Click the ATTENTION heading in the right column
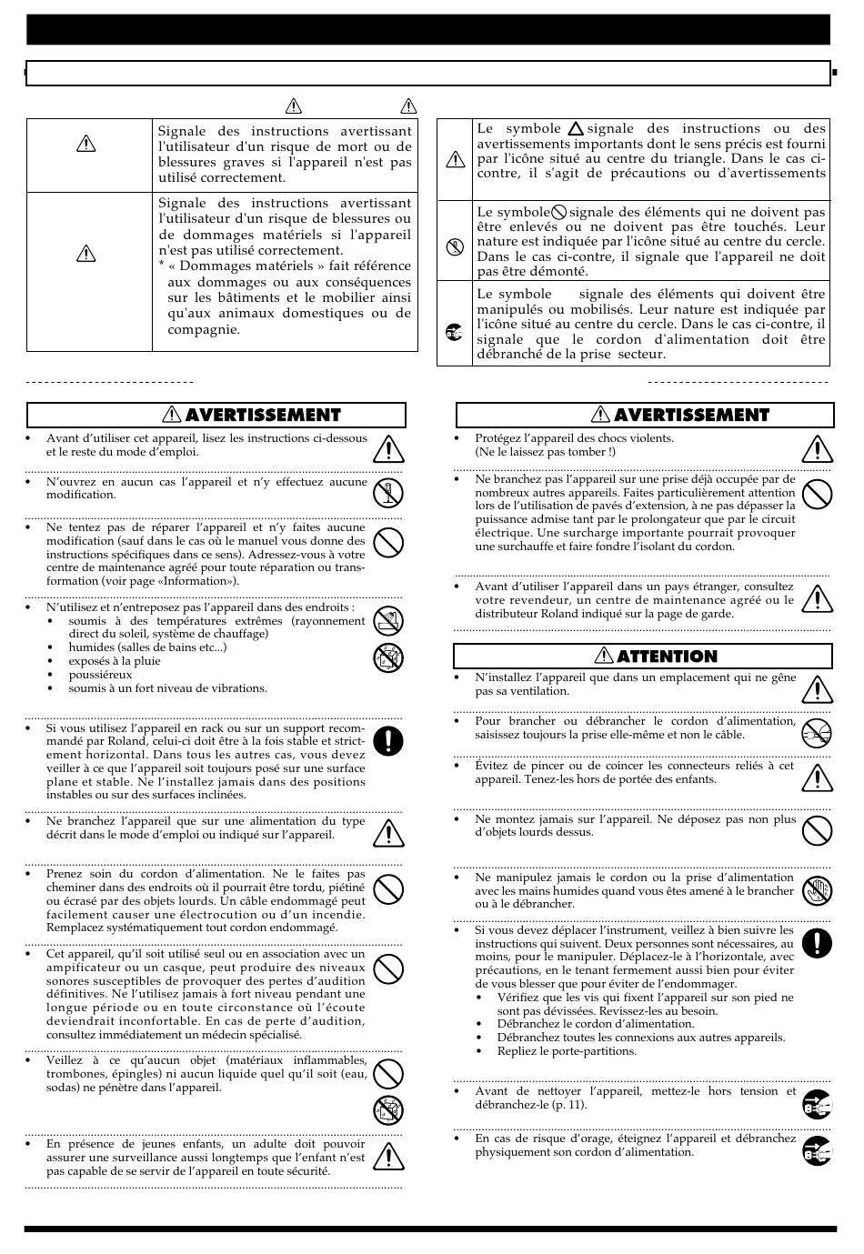pyautogui.click(x=667, y=657)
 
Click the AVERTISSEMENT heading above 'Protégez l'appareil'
pyautogui.click(x=691, y=416)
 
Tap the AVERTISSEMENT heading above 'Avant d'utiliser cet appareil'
pyautogui.click(x=262, y=416)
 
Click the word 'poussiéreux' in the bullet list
pyautogui.click(x=100, y=675)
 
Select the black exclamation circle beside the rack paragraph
pyautogui.click(x=388, y=741)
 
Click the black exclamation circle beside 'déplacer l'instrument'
pyautogui.click(x=817, y=943)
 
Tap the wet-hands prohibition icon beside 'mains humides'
pyautogui.click(x=817, y=892)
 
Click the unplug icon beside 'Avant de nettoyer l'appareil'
pyautogui.click(x=817, y=1104)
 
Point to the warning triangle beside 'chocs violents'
pyautogui.click(x=817, y=448)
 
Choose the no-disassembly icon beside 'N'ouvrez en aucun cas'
pyautogui.click(x=388, y=493)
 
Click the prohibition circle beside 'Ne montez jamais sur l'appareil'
pyautogui.click(x=817, y=830)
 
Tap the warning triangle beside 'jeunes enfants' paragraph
pyautogui.click(x=388, y=1155)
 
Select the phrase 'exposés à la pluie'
pyautogui.click(x=115, y=661)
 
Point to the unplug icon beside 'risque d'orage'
pyautogui.click(x=817, y=1151)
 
